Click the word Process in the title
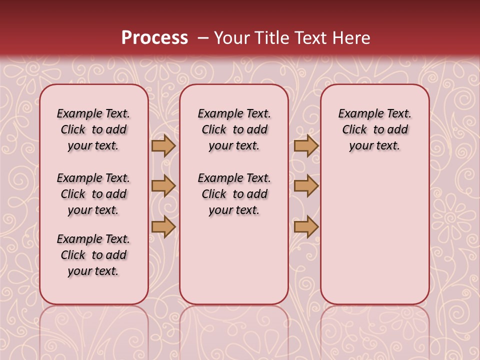tap(154, 37)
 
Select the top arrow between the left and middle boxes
tap(163, 145)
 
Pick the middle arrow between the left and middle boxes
tap(163, 186)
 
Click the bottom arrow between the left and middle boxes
tap(163, 226)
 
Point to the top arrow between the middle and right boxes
tap(306, 145)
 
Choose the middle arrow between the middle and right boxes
tap(306, 186)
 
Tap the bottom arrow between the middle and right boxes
tap(306, 226)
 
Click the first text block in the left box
tap(93, 129)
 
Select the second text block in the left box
tap(93, 194)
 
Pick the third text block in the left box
tap(93, 255)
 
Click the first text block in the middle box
tap(234, 129)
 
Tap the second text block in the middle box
tap(234, 194)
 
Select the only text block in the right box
tap(374, 129)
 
